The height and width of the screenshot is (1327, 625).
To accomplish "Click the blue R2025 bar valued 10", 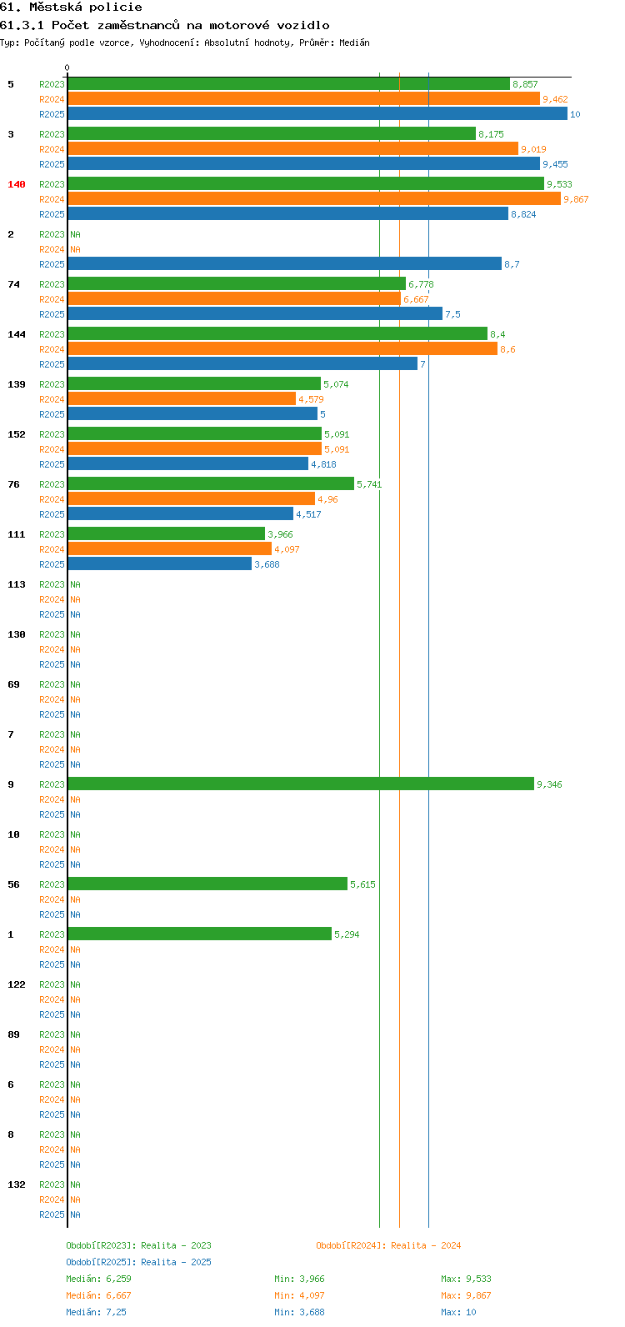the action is coord(317,113).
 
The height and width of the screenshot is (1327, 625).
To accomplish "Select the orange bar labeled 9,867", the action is coord(314,199).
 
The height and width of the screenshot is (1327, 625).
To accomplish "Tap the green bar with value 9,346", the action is coord(301,784).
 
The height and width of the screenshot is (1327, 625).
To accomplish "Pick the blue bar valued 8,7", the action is coord(285,263).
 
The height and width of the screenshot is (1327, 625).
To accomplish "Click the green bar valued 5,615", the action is coord(208,884).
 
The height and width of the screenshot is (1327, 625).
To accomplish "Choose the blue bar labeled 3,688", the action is coord(160,564).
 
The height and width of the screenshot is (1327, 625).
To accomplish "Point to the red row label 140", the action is coord(17,184).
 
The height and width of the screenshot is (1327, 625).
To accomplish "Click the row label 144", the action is coord(17,334).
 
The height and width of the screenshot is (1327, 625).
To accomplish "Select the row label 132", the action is coord(17,1184).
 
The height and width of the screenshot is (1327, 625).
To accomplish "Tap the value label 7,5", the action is coord(452,314).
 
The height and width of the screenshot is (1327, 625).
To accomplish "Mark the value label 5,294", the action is coord(347,934).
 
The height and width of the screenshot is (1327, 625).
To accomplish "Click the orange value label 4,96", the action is coord(327,499).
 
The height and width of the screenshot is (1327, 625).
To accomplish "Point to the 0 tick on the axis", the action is coord(67,68).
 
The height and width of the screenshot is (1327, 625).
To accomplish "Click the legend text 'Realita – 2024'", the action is coord(426,1245).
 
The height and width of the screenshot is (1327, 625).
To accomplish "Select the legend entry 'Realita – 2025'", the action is coord(176,1262).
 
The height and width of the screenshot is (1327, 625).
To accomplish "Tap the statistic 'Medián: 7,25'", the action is coord(96,1312).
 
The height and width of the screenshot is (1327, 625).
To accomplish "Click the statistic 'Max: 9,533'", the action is coord(466,1279).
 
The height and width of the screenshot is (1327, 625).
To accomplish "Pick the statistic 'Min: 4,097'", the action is coord(299,1295).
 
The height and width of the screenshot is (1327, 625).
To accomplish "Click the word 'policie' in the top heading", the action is coord(116,8).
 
